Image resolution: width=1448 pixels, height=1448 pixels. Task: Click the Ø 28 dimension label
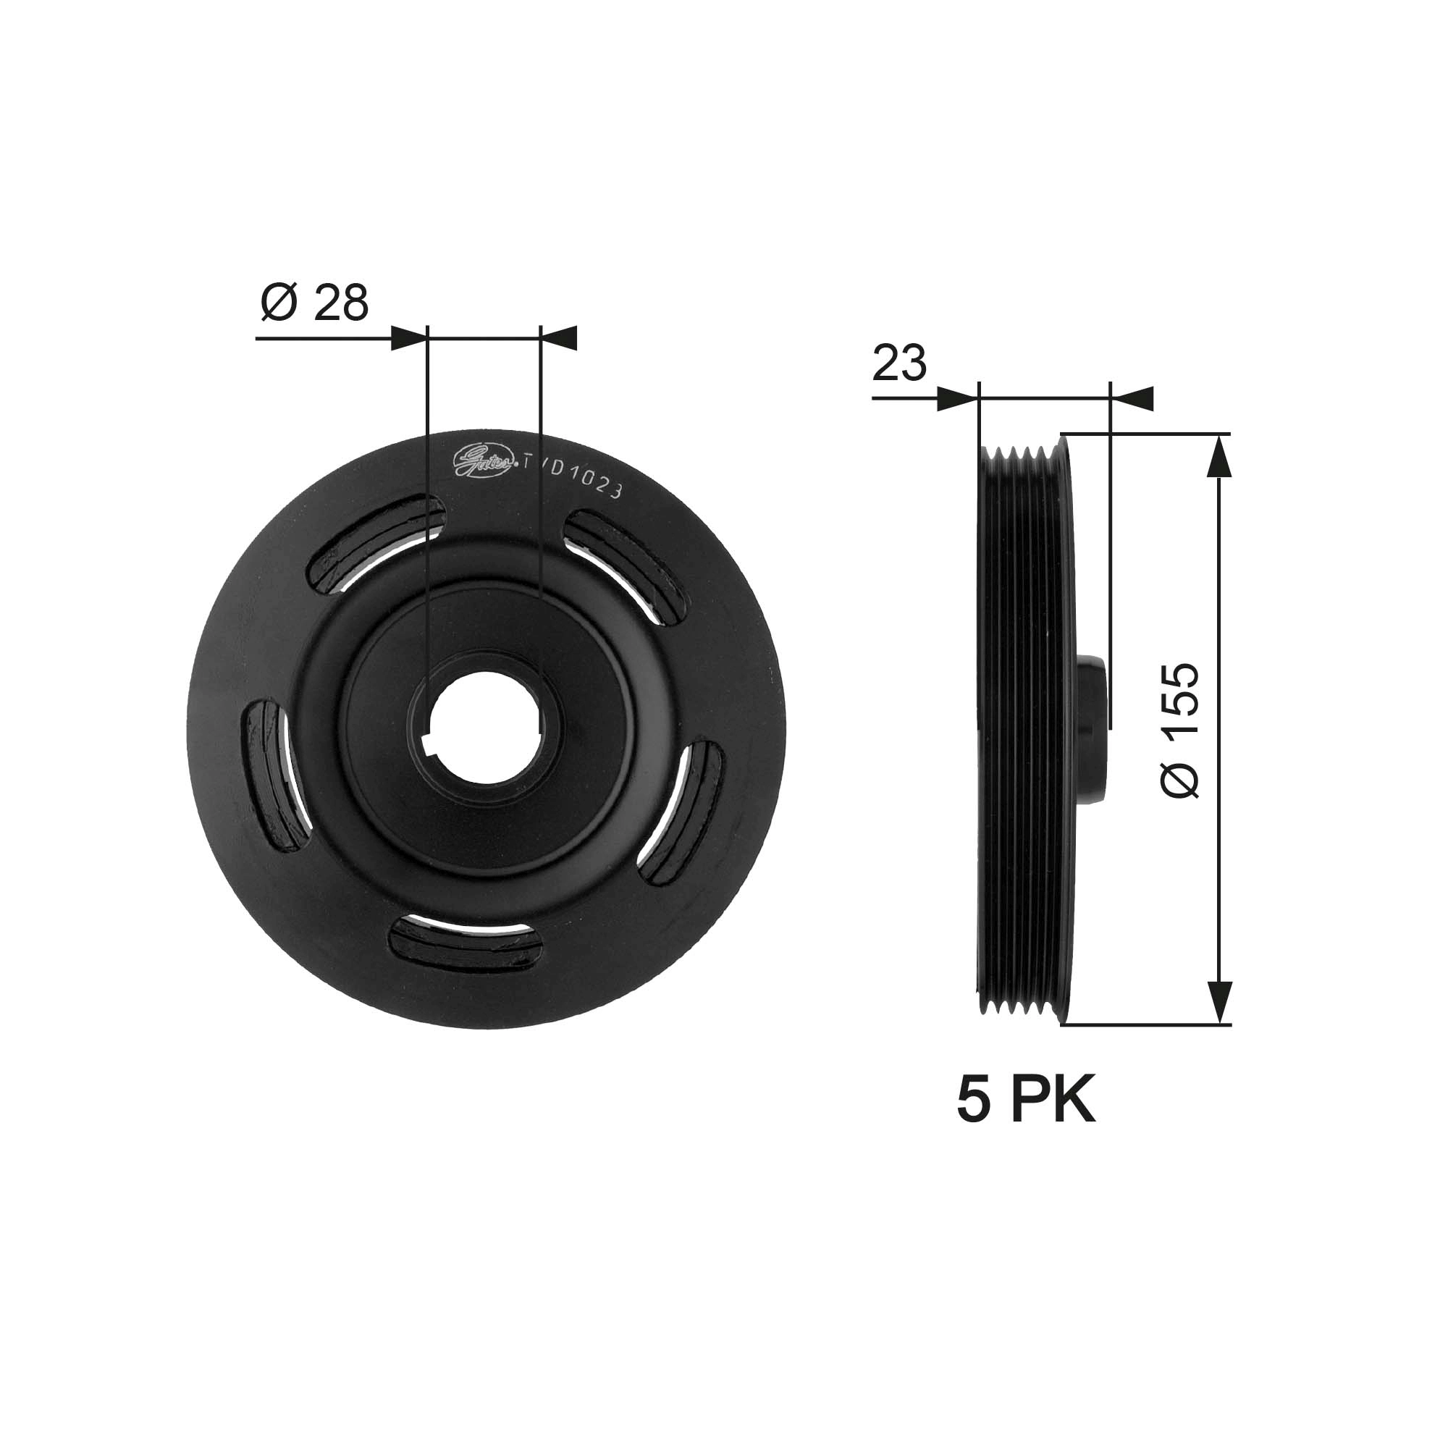tap(315, 303)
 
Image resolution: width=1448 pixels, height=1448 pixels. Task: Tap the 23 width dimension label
tap(899, 364)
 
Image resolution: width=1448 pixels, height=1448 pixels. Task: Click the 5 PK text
tap(1025, 1100)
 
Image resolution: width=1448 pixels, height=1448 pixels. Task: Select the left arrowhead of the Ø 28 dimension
tap(409, 338)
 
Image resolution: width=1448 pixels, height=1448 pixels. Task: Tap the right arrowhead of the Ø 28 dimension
tap(558, 338)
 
